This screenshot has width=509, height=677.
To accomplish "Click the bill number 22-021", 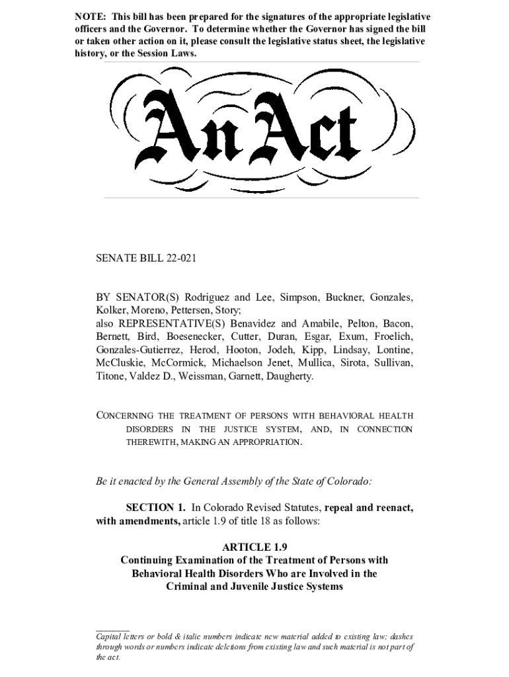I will coord(174,259).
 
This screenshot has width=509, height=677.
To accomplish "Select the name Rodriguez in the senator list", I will coord(208,297).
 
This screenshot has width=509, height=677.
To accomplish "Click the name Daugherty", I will coord(287,376).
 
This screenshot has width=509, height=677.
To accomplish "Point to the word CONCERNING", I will coord(125,416).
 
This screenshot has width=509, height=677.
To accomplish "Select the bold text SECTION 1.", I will coord(155,508).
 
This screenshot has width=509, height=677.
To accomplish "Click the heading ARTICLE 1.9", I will coord(255,547).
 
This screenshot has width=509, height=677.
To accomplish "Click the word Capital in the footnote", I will coord(110,637).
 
